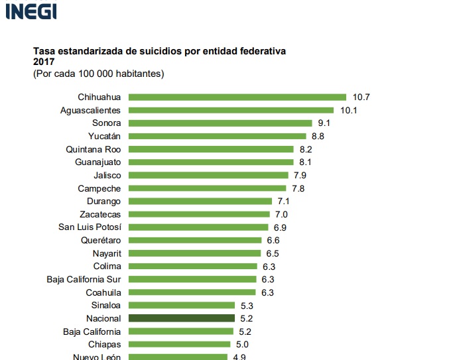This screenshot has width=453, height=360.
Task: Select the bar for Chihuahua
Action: click(237, 97)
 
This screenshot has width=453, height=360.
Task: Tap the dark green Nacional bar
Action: click(181, 318)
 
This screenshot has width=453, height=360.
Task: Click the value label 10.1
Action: click(349, 110)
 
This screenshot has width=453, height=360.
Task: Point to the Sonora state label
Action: click(106, 123)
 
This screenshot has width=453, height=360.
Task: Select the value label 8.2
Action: click(306, 149)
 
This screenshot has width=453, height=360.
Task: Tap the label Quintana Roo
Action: click(94, 149)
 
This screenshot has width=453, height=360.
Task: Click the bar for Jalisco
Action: click(208, 175)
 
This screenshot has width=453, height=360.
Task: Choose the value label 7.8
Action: click(298, 188)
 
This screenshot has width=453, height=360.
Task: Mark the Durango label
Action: click(103, 201)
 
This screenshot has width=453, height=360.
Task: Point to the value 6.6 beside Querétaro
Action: click(273, 240)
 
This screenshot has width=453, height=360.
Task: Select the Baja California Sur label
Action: click(84, 279)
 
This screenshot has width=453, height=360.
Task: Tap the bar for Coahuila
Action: click(192, 292)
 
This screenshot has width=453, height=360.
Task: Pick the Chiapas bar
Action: click(179, 344)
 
